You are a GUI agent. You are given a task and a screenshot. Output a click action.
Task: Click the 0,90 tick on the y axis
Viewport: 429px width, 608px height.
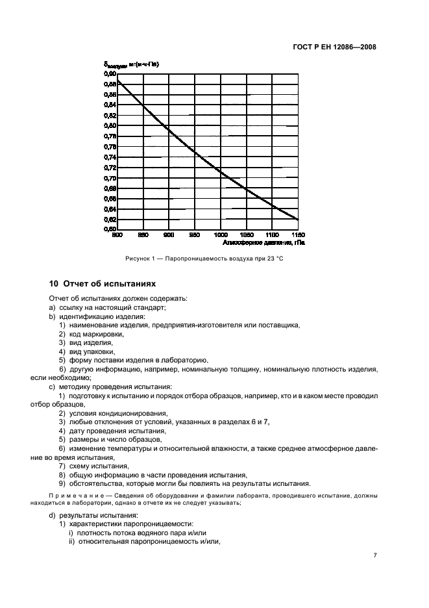pyautogui.click(x=109, y=73)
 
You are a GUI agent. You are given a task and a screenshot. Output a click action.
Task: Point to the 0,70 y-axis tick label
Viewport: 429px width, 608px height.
pyautogui.click(x=109, y=178)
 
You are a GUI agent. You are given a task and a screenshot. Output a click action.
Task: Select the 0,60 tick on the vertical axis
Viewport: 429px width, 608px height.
pyautogui.click(x=109, y=229)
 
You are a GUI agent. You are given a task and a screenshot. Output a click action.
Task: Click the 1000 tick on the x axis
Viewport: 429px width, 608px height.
pyautogui.click(x=221, y=234)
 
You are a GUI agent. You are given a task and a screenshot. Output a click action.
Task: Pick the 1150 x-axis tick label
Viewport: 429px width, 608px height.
pyautogui.click(x=297, y=234)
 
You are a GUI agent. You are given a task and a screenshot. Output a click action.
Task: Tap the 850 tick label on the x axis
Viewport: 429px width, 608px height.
pyautogui.click(x=143, y=234)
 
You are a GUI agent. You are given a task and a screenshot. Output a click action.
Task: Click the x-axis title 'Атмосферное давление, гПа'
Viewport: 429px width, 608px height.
pyautogui.click(x=263, y=242)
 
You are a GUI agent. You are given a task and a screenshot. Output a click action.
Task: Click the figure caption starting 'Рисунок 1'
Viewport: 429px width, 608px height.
pyautogui.click(x=204, y=259)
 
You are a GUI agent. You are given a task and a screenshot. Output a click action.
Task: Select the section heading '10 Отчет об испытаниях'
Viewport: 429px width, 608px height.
pyautogui.click(x=103, y=284)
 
